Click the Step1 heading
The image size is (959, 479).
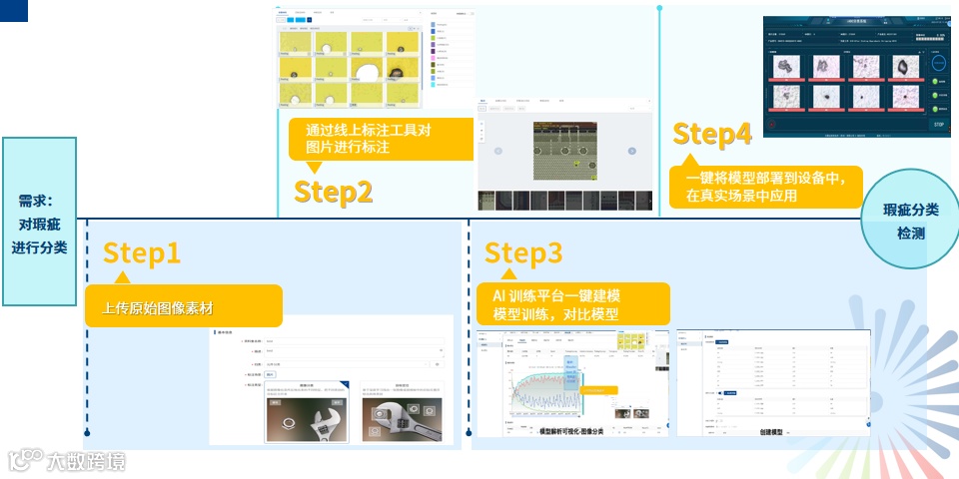[142, 253]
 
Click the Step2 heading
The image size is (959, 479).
[333, 192]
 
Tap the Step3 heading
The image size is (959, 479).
[523, 253]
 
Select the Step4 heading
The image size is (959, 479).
[712, 134]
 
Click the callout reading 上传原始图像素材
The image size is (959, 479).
[181, 306]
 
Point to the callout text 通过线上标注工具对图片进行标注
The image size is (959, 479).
[382, 139]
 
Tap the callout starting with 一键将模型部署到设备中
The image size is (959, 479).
[765, 187]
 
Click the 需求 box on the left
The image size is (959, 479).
[39, 222]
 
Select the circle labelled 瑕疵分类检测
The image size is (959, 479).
[910, 222]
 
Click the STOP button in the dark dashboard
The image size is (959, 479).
[938, 125]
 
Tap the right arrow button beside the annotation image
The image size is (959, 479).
[632, 151]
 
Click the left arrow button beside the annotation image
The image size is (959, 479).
[498, 151]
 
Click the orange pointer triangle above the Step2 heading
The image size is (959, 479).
[314, 167]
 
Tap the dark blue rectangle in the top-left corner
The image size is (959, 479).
[14, 10]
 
